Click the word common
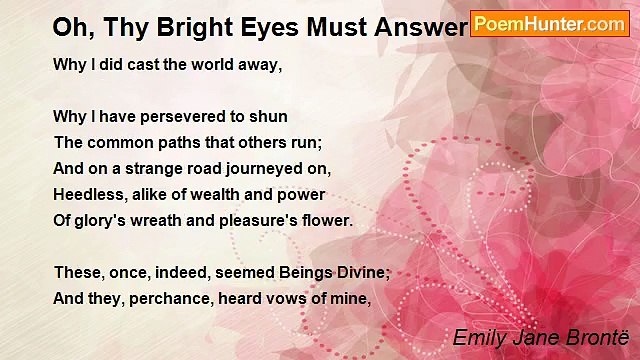pyautogui.click(x=118, y=142)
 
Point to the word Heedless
pyautogui.click(x=89, y=194)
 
